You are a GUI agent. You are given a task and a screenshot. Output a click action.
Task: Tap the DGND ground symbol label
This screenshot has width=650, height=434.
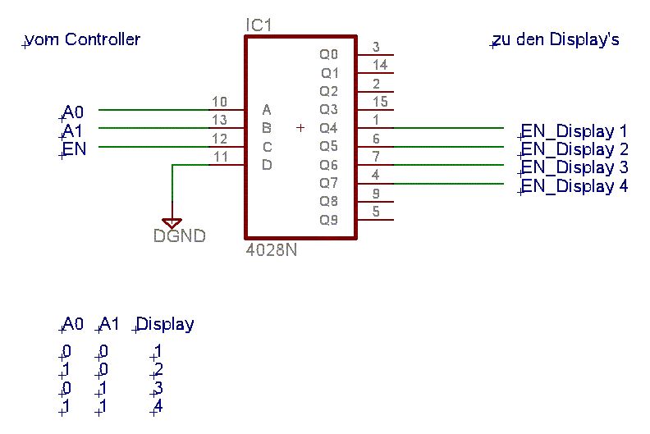point(179,236)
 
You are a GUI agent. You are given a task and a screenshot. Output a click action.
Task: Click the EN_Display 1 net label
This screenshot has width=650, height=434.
point(574,131)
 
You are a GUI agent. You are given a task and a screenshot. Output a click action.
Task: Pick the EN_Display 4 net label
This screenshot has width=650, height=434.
point(574,186)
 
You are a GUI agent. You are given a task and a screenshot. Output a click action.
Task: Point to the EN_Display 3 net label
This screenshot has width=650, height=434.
point(574,167)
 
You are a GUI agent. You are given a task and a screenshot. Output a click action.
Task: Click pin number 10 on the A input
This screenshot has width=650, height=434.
point(219,103)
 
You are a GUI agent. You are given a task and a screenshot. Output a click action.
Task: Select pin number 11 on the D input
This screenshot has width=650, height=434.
point(219,157)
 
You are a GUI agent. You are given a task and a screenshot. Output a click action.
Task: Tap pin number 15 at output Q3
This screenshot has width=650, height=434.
point(380,102)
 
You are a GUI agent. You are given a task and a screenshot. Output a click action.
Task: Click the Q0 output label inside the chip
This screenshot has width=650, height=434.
point(328,55)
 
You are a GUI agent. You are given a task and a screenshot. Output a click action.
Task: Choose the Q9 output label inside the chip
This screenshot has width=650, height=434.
point(328,219)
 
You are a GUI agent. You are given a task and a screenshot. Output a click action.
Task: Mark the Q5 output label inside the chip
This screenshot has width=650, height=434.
point(328,146)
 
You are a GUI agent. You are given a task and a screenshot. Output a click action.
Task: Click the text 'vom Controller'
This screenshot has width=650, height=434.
point(83,39)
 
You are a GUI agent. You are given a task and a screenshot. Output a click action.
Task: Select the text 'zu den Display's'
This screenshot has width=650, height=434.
point(556,39)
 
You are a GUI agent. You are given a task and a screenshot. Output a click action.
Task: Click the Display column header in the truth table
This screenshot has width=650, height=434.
point(166,324)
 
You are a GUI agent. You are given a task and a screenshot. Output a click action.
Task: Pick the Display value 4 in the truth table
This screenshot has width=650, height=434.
point(158,406)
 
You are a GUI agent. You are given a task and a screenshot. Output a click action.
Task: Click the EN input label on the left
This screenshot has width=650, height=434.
point(75,148)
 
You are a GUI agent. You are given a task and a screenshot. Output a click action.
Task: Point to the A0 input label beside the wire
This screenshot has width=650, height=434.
point(73,112)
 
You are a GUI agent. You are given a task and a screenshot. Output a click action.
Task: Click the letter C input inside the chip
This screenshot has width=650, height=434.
point(267,147)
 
